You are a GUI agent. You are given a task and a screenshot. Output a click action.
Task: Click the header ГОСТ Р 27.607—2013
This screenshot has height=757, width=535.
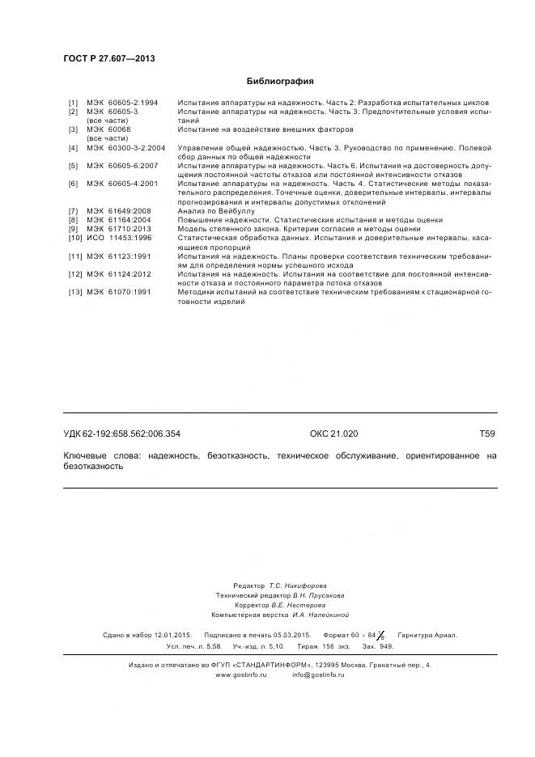(109, 60)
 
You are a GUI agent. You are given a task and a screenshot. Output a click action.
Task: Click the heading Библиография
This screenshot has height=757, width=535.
(279, 82)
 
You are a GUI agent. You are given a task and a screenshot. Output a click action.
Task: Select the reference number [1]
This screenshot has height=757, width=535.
(73, 103)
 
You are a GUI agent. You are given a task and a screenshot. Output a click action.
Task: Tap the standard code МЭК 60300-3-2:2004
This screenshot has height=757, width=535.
(125, 148)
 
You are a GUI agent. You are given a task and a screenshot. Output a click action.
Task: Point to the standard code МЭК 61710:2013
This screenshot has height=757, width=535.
(119, 230)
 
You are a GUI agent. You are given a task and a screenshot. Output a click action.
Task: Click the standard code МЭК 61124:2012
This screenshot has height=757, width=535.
(119, 275)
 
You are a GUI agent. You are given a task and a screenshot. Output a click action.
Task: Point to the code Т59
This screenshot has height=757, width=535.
(486, 434)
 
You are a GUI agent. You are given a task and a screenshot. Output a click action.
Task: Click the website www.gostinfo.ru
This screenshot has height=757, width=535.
(240, 675)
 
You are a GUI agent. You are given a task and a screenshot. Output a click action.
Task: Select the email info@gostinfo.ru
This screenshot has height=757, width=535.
(318, 675)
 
